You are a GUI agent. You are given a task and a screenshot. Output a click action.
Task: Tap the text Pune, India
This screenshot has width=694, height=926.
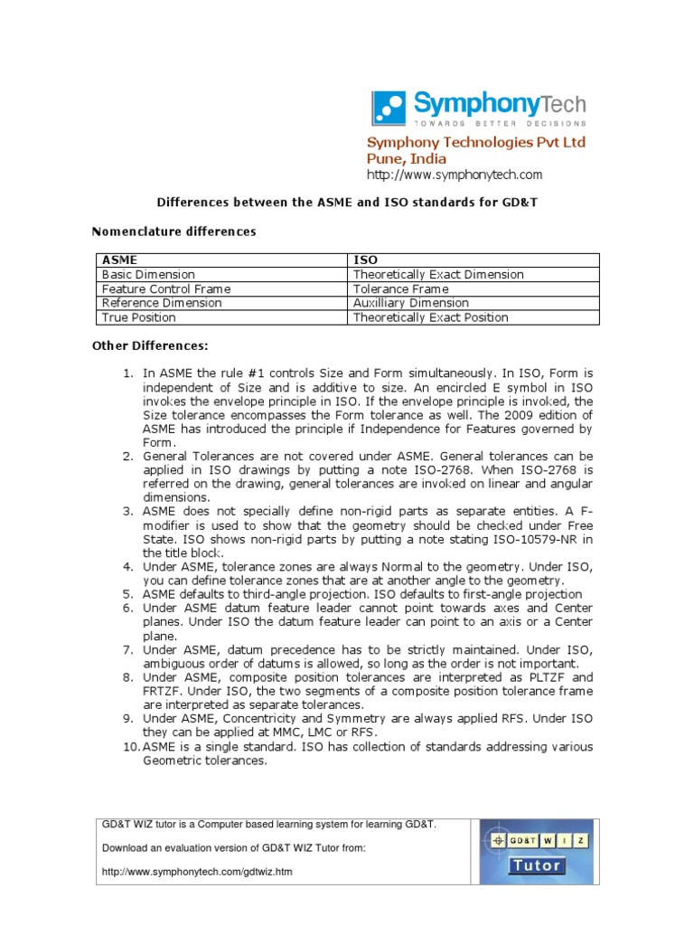(406, 158)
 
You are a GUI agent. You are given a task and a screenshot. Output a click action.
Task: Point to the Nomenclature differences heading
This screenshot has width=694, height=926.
(174, 231)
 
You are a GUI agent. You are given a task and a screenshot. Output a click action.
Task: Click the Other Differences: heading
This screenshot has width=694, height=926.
(151, 345)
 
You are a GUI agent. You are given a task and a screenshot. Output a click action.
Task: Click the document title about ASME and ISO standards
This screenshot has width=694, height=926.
(347, 203)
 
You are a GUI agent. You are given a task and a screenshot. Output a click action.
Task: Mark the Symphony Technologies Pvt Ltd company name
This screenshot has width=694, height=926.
(475, 142)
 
